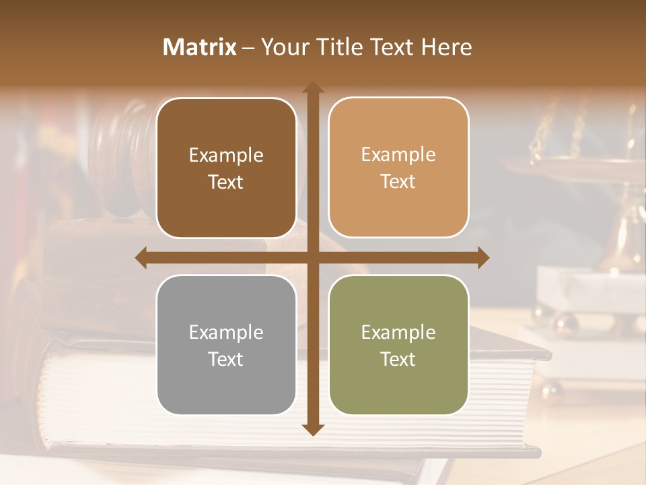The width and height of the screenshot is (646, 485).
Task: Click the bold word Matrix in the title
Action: pyautogui.click(x=200, y=47)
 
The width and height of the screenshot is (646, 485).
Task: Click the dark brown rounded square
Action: pyautogui.click(x=226, y=168)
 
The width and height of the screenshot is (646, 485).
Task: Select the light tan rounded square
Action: pyautogui.click(x=398, y=168)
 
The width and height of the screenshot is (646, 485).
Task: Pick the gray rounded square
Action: pyautogui.click(x=226, y=345)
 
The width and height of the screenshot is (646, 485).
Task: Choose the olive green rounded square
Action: pyautogui.click(x=398, y=345)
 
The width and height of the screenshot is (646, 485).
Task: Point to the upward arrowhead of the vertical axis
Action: pyautogui.click(x=313, y=88)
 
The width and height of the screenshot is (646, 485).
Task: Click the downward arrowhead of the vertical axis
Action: pyautogui.click(x=313, y=429)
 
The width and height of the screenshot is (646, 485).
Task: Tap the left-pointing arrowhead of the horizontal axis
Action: pyautogui.click(x=141, y=257)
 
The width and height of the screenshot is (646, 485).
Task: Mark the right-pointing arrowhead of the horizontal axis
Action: pyautogui.click(x=483, y=257)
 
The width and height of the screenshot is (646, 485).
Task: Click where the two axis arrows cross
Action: pyautogui.click(x=313, y=257)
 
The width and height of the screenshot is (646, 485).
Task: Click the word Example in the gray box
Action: pyautogui.click(x=226, y=332)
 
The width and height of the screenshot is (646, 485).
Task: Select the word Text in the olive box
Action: pyautogui.click(x=398, y=360)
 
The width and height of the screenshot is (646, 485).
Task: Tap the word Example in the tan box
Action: pyautogui.click(x=398, y=154)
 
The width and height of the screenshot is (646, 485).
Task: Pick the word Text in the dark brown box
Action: pyautogui.click(x=226, y=182)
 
